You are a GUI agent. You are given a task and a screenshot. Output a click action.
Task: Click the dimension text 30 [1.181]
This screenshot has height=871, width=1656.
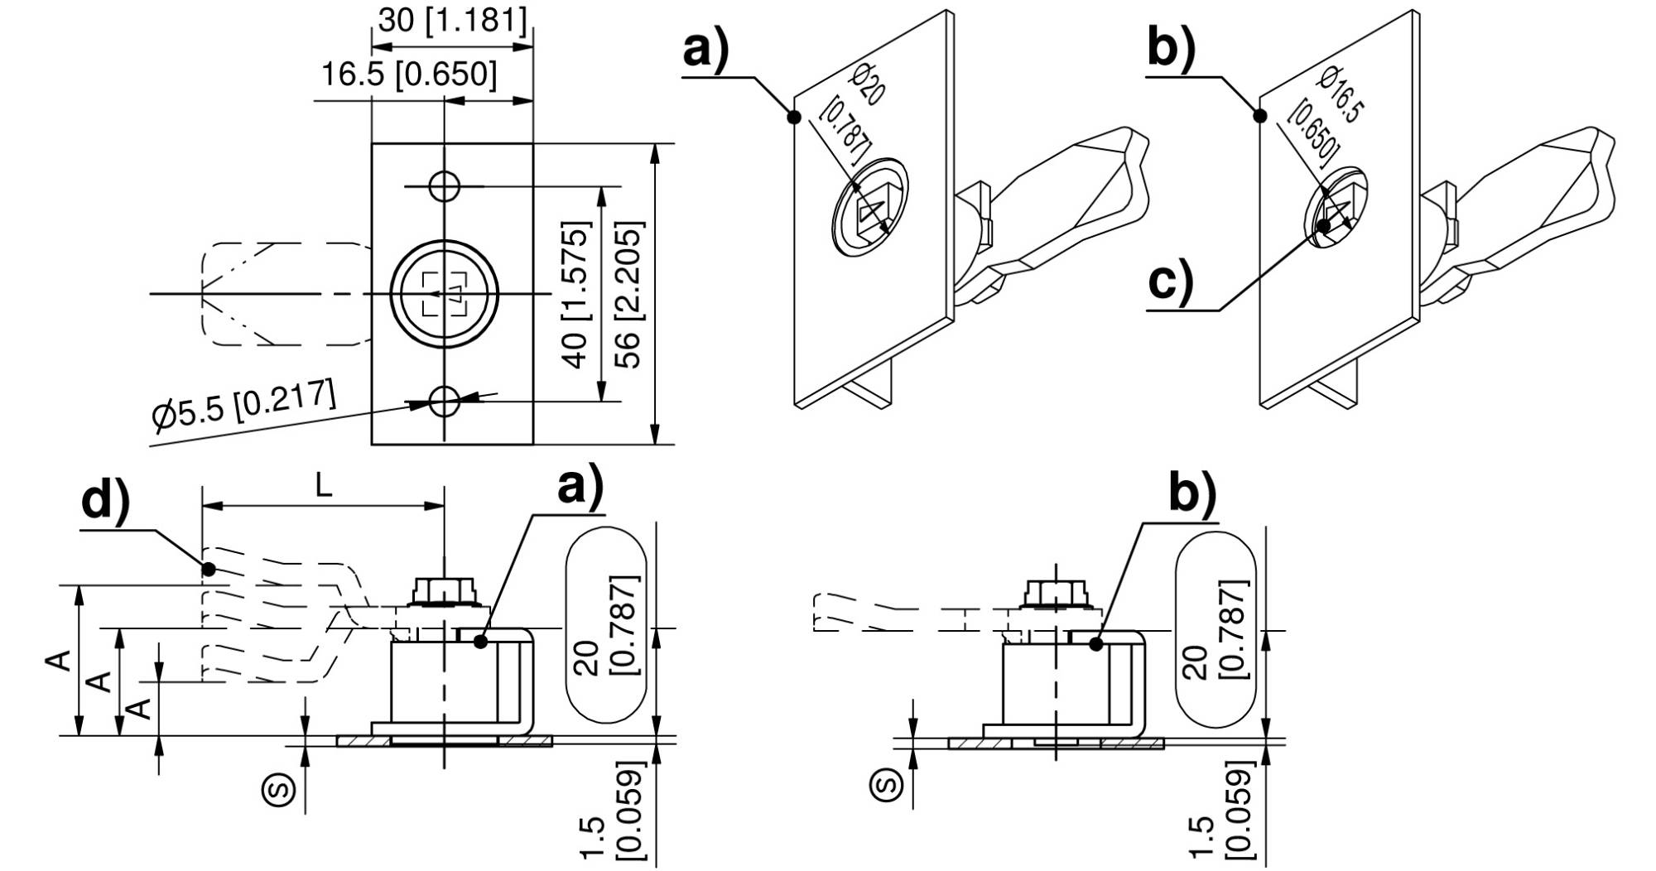pyautogui.click(x=452, y=20)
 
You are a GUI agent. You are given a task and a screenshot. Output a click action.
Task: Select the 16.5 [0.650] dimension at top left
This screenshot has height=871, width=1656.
pyautogui.click(x=409, y=75)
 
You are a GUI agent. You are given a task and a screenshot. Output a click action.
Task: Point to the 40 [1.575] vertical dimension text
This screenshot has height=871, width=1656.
pyautogui.click(x=575, y=294)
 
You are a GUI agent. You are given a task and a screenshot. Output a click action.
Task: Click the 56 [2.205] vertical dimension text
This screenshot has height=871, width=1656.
pyautogui.click(x=629, y=295)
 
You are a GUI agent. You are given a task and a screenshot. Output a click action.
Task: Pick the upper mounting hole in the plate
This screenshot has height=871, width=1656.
pyautogui.click(x=445, y=186)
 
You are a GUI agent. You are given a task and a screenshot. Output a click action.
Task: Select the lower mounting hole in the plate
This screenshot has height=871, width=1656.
pyautogui.click(x=445, y=402)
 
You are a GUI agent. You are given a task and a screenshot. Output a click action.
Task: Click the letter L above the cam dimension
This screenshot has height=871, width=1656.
pyautogui.click(x=324, y=486)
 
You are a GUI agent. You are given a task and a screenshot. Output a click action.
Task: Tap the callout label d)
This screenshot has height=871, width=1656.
pyautogui.click(x=106, y=502)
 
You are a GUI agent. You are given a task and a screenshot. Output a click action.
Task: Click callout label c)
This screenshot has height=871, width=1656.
pyautogui.click(x=1171, y=281)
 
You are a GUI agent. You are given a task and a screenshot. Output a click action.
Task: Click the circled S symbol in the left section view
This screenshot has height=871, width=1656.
pyautogui.click(x=279, y=787)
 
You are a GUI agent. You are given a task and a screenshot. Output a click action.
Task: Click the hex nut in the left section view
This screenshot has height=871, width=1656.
pyautogui.click(x=445, y=591)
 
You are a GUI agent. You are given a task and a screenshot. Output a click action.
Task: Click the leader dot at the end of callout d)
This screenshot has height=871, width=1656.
pyautogui.click(x=209, y=569)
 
